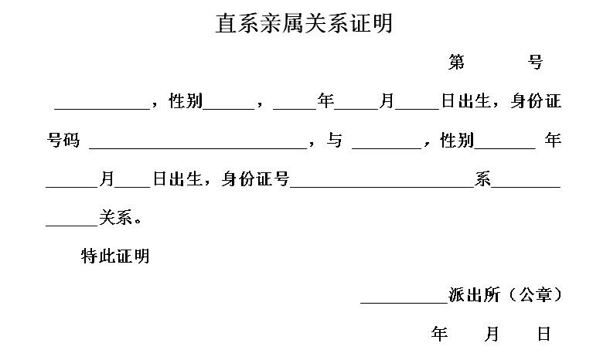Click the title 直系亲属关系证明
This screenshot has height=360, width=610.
tap(304, 24)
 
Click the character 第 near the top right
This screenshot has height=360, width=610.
tap(456, 63)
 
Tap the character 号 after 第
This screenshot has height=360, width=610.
tap(535, 63)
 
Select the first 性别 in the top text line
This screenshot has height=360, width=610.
tap(186, 101)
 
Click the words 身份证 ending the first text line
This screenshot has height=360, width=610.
tap(536, 101)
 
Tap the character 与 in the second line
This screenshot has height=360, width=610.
tap(334, 141)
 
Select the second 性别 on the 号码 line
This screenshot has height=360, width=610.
tap(456, 141)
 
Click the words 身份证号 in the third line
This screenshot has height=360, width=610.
tap(255, 180)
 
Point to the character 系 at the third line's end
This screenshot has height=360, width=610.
tap(483, 180)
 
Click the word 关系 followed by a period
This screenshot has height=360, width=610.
tap(115, 219)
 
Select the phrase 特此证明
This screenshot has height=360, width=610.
tap(115, 256)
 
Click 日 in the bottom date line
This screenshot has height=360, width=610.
tap(544, 335)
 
